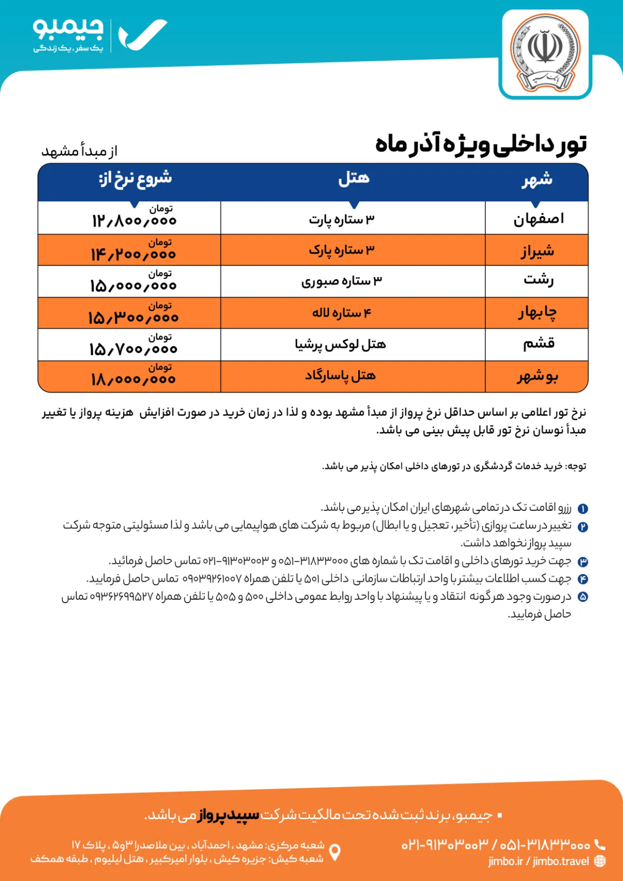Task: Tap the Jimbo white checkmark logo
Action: click(142, 35)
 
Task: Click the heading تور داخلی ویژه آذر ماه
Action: click(481, 144)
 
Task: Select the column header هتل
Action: click(354, 179)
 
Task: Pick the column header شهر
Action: click(537, 180)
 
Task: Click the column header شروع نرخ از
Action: click(135, 179)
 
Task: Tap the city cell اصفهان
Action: click(538, 219)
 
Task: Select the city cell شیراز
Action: click(538, 251)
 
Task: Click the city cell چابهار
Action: click(537, 313)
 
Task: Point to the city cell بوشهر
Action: click(537, 376)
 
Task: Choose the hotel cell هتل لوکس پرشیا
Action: click(341, 345)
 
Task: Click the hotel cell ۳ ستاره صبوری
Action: click(342, 281)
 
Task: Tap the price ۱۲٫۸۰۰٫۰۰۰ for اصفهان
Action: click(134, 221)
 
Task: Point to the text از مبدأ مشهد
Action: click(79, 151)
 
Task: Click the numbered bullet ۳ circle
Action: click(583, 562)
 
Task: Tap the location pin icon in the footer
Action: click(335, 852)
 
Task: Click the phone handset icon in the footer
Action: click(600, 845)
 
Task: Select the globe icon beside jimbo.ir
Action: click(600, 861)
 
